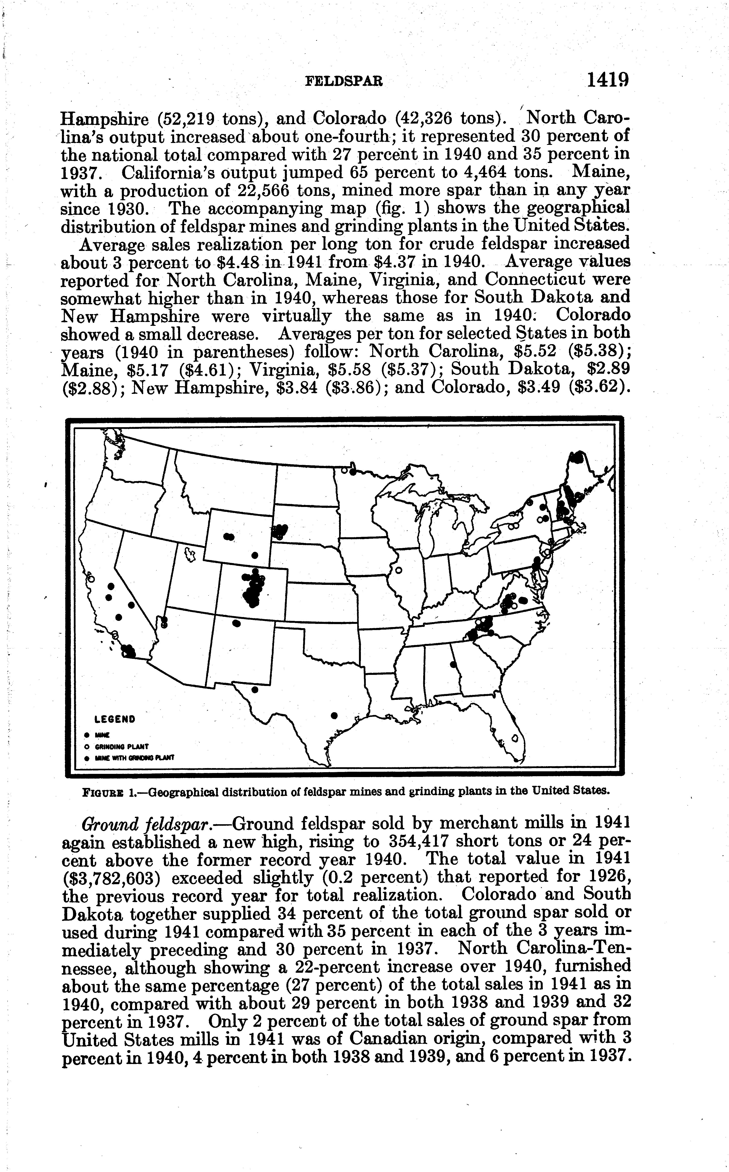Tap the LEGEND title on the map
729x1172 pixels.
tap(115, 719)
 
